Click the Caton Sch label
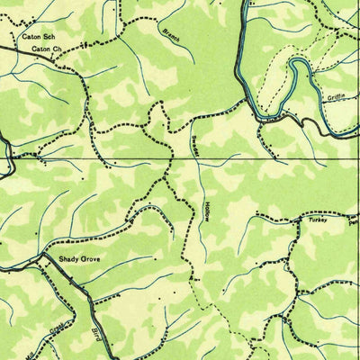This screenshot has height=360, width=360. click(x=37, y=36)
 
